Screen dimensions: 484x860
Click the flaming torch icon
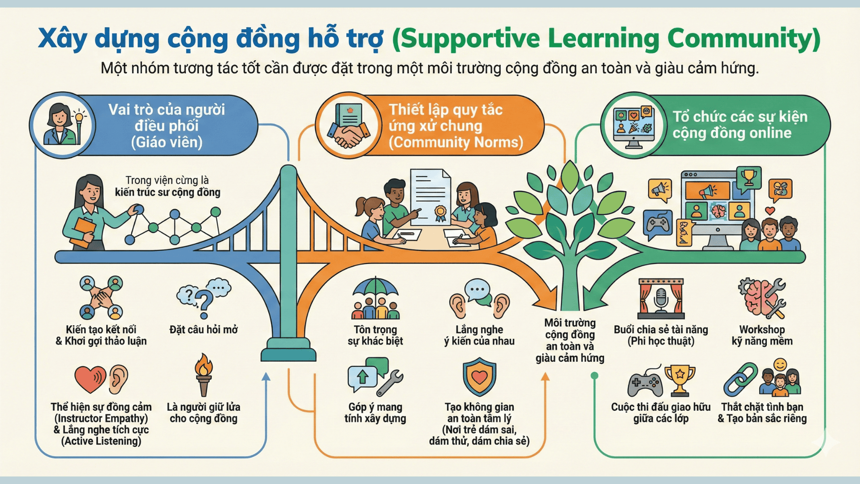pyautogui.click(x=204, y=374)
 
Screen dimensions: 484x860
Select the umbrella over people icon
pyautogui.click(x=375, y=298)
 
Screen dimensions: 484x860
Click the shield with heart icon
pyautogui.click(x=479, y=377)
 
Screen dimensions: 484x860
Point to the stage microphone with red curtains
pyautogui.click(x=661, y=298)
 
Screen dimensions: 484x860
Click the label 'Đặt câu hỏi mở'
pyautogui.click(x=204, y=330)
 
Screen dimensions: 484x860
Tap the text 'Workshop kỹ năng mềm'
pyautogui.click(x=762, y=335)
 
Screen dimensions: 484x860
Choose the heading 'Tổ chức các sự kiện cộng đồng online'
pyautogui.click(x=740, y=125)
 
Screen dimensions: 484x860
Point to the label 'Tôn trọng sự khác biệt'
pyautogui.click(x=375, y=335)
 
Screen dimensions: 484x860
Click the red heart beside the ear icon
pyautogui.click(x=90, y=379)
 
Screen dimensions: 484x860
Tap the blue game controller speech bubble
pyautogui.click(x=657, y=224)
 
